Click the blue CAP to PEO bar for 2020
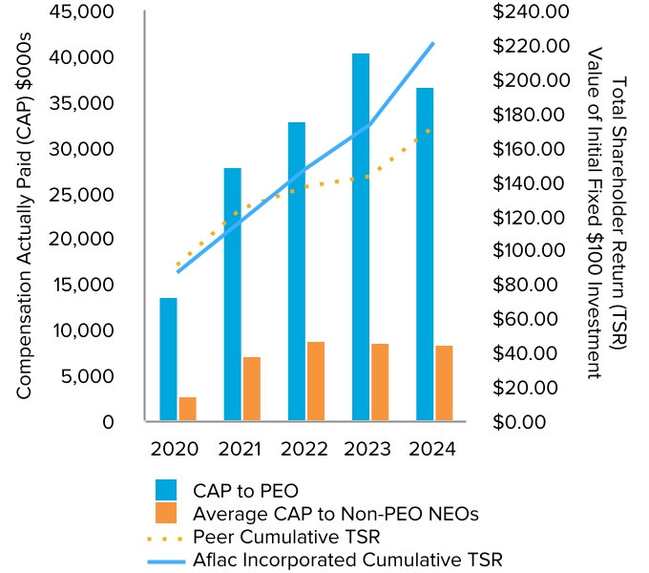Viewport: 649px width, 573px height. [168, 359]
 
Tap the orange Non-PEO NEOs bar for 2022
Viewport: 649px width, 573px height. [316, 381]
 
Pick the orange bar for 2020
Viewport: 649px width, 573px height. [188, 409]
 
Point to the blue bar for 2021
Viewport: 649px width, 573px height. [233, 294]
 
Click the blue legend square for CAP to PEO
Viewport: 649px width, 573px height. [168, 492]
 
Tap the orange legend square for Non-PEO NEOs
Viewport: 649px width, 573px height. [168, 514]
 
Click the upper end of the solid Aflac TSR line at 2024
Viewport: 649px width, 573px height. [433, 44]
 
